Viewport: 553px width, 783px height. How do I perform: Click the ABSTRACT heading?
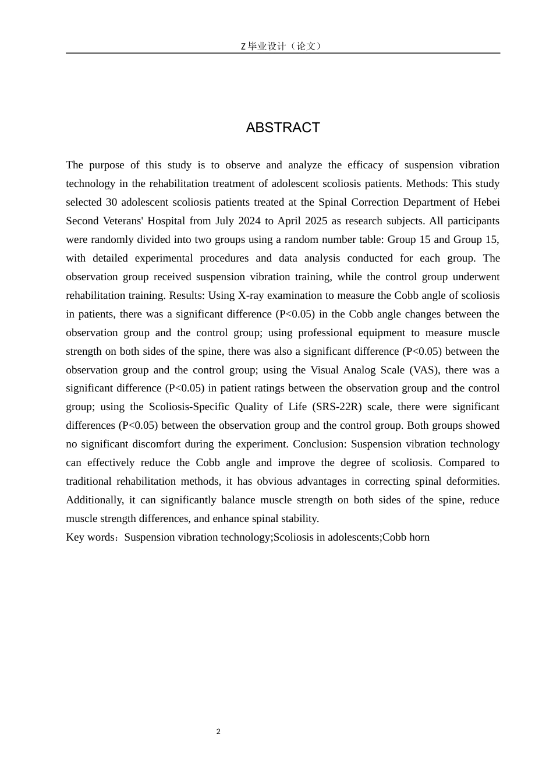click(x=283, y=128)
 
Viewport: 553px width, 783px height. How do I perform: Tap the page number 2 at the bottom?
click(x=218, y=732)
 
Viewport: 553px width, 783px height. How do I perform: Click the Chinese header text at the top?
click(x=282, y=46)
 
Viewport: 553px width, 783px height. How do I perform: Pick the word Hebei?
click(x=484, y=202)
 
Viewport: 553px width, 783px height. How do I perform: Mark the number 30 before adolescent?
click(x=112, y=202)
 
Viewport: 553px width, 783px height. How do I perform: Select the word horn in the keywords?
click(x=417, y=537)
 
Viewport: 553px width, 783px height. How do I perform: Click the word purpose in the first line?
click(x=107, y=165)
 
